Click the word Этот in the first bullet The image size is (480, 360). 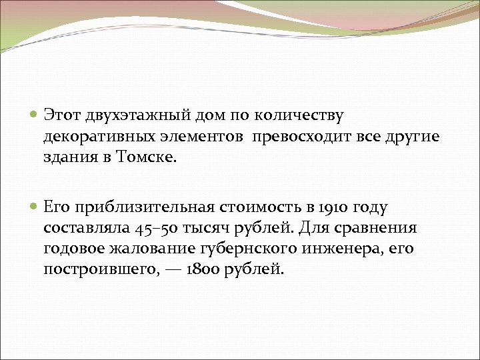click(x=62, y=116)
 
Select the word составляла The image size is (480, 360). click(x=87, y=229)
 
